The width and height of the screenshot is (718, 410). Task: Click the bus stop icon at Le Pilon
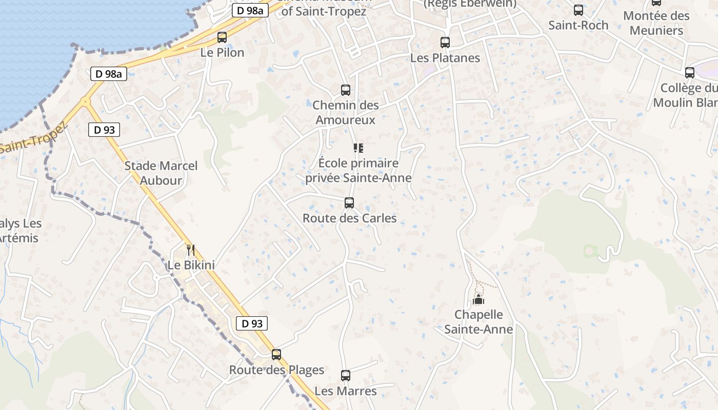coord(222,37)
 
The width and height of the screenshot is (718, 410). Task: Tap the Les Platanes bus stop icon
coord(445,43)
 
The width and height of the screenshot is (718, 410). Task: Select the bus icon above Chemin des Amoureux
coord(346,90)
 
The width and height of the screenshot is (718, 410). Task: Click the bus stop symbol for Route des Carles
coord(349,203)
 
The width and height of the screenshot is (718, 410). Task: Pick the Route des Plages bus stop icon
coord(276,354)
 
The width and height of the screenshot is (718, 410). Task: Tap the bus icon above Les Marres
coord(346,376)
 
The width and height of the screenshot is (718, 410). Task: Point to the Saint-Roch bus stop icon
coord(579,10)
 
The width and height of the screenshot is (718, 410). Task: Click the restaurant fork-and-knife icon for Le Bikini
coord(191,250)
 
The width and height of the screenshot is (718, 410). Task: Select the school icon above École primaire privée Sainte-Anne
coord(358,149)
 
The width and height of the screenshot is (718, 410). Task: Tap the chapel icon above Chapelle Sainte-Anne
coord(478,299)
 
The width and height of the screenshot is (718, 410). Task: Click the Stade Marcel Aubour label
coord(161,173)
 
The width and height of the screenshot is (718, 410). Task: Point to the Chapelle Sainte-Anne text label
coord(478,322)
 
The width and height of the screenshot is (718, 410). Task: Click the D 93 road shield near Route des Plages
coord(252,323)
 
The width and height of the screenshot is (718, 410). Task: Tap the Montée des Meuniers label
coord(656,23)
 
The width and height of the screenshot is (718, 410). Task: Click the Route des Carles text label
coord(350,218)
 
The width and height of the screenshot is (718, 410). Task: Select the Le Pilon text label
coord(222,52)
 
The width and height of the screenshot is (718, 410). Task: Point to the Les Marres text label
coord(346,391)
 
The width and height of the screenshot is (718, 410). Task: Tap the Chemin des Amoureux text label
coord(346,113)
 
